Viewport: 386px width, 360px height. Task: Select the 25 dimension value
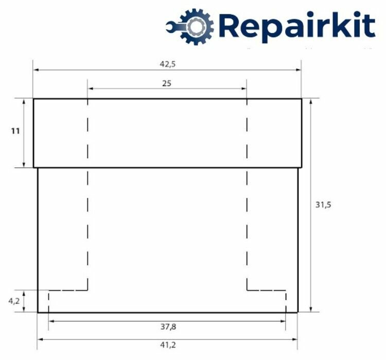coord(166,83)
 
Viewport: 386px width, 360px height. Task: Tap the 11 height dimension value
coord(16,131)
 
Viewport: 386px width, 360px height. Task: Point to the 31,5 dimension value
coord(323,204)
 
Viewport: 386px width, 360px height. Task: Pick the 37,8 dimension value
coord(166,327)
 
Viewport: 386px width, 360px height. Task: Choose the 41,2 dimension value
coord(166,345)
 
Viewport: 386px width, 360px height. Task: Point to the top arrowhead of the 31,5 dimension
coord(311,101)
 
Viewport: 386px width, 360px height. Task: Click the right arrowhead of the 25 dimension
coord(244,89)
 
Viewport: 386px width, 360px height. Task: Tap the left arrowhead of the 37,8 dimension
coord(50,321)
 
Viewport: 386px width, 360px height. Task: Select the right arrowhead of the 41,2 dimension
coord(295,339)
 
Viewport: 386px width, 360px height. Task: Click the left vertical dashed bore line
coord(88,206)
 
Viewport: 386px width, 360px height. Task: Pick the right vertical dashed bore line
coord(247,206)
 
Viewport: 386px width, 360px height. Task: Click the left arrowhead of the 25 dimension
coord(90,89)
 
